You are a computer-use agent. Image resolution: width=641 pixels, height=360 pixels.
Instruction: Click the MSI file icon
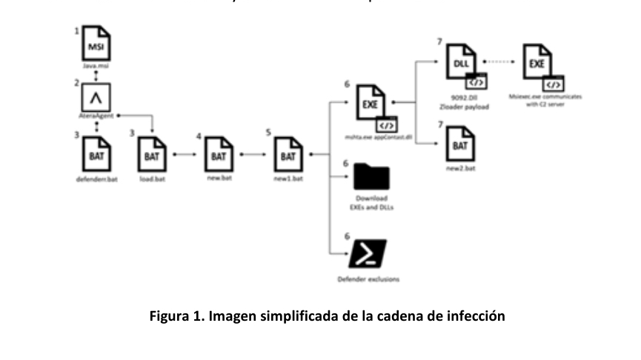coord(95,47)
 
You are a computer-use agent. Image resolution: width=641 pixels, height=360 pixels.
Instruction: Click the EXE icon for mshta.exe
coord(371,104)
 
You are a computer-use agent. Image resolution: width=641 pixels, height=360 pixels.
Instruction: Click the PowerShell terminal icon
coord(368,256)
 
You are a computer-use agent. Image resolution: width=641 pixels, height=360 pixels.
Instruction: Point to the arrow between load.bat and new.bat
coord(185,156)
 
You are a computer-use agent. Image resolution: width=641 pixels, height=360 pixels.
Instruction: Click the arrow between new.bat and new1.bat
coord(253,156)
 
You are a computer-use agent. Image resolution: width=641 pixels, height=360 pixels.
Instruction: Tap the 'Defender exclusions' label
coord(368,281)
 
